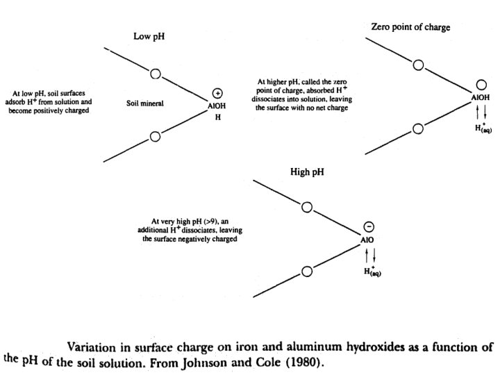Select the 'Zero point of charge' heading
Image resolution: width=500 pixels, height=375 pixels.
coord(410,28)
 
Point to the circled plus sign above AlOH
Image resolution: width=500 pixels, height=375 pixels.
coord(217,93)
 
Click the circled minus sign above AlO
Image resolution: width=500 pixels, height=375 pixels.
coord(369,228)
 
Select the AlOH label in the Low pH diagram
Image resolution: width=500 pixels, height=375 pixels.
coord(217,108)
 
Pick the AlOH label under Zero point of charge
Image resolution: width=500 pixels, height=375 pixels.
coord(480,99)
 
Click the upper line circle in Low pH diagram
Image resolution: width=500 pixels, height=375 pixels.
coord(156,73)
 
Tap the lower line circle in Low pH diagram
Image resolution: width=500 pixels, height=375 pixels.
coord(156,135)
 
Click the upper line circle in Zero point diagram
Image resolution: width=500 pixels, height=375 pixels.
coord(417,66)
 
